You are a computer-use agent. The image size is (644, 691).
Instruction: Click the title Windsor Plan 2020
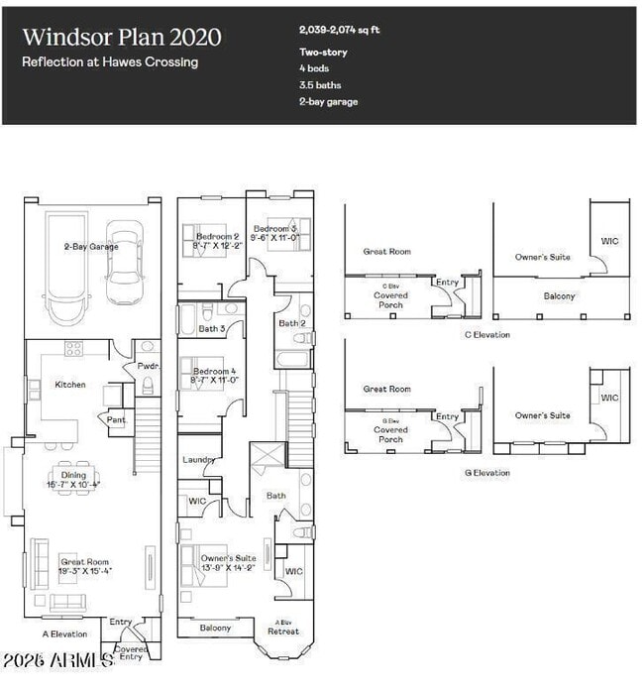tap(121, 38)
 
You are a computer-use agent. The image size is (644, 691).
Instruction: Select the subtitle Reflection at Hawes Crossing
tap(110, 62)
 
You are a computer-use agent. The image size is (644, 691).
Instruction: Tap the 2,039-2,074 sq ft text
tap(339, 31)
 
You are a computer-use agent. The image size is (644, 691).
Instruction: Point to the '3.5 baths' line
tap(320, 85)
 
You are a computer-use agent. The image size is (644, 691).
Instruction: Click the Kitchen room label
tap(70, 385)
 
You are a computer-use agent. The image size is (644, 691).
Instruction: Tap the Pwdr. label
tap(148, 366)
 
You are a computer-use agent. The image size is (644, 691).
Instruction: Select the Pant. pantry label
tap(117, 419)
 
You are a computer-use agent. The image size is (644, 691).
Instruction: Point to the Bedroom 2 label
tap(217, 237)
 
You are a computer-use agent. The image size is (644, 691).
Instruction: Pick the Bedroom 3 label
tap(273, 228)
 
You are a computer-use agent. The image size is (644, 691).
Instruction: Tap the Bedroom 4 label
tap(215, 372)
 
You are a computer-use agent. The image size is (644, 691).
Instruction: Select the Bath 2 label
tap(291, 323)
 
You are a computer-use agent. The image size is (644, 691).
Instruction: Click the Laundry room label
tap(199, 460)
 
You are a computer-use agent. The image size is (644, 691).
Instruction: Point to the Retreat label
tap(283, 631)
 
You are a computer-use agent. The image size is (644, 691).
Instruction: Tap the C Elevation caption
tap(486, 335)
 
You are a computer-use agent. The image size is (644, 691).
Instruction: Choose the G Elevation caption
tap(486, 473)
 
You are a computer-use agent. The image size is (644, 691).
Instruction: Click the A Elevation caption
tap(64, 634)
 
